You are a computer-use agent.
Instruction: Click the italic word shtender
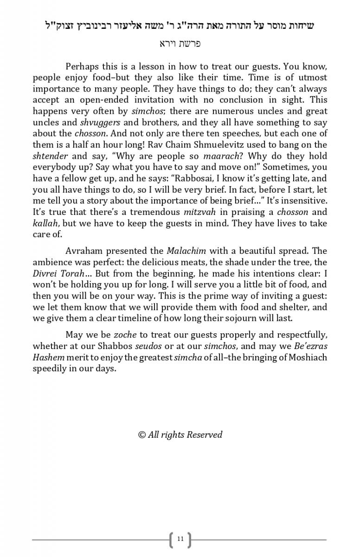coord(50,156)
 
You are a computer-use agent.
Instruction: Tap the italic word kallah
coord(45,223)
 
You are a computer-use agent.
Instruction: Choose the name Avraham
coord(84,251)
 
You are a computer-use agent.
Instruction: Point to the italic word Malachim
coord(186,251)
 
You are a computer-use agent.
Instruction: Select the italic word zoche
coord(124,335)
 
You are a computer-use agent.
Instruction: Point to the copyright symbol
coord(142,435)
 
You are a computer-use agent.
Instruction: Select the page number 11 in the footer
coord(180,539)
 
